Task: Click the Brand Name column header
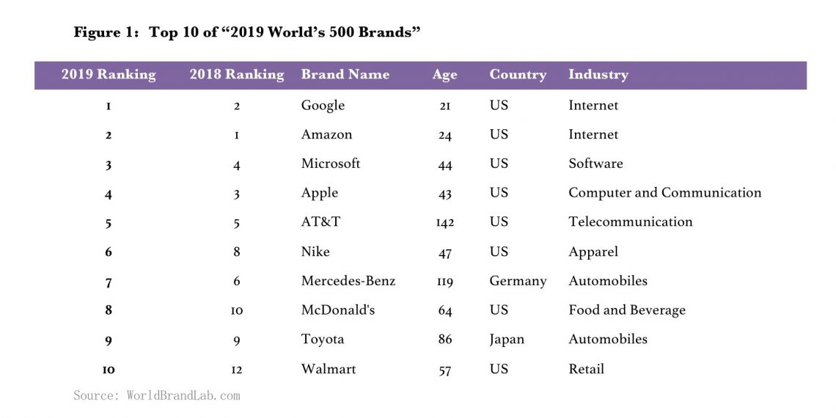pyautogui.click(x=345, y=75)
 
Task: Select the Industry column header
pyautogui.click(x=598, y=75)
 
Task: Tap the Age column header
pyautogui.click(x=444, y=75)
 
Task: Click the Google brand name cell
pyautogui.click(x=323, y=106)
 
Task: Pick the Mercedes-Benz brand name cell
pyautogui.click(x=348, y=281)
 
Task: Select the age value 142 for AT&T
pyautogui.click(x=444, y=222)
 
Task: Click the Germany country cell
pyautogui.click(x=518, y=281)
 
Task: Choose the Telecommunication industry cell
pyautogui.click(x=630, y=221)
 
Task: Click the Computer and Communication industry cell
pyautogui.click(x=664, y=193)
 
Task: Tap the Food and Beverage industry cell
pyautogui.click(x=626, y=310)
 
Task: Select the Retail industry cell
pyautogui.click(x=586, y=369)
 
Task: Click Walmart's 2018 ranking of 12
pyautogui.click(x=236, y=370)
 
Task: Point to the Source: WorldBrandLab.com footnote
pyautogui.click(x=156, y=396)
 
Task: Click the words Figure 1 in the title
pyautogui.click(x=106, y=33)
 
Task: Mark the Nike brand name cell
pyautogui.click(x=315, y=252)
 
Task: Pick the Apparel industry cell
pyautogui.click(x=593, y=252)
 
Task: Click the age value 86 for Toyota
pyautogui.click(x=444, y=340)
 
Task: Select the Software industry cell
pyautogui.click(x=595, y=164)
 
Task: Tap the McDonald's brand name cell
pyautogui.click(x=337, y=310)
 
